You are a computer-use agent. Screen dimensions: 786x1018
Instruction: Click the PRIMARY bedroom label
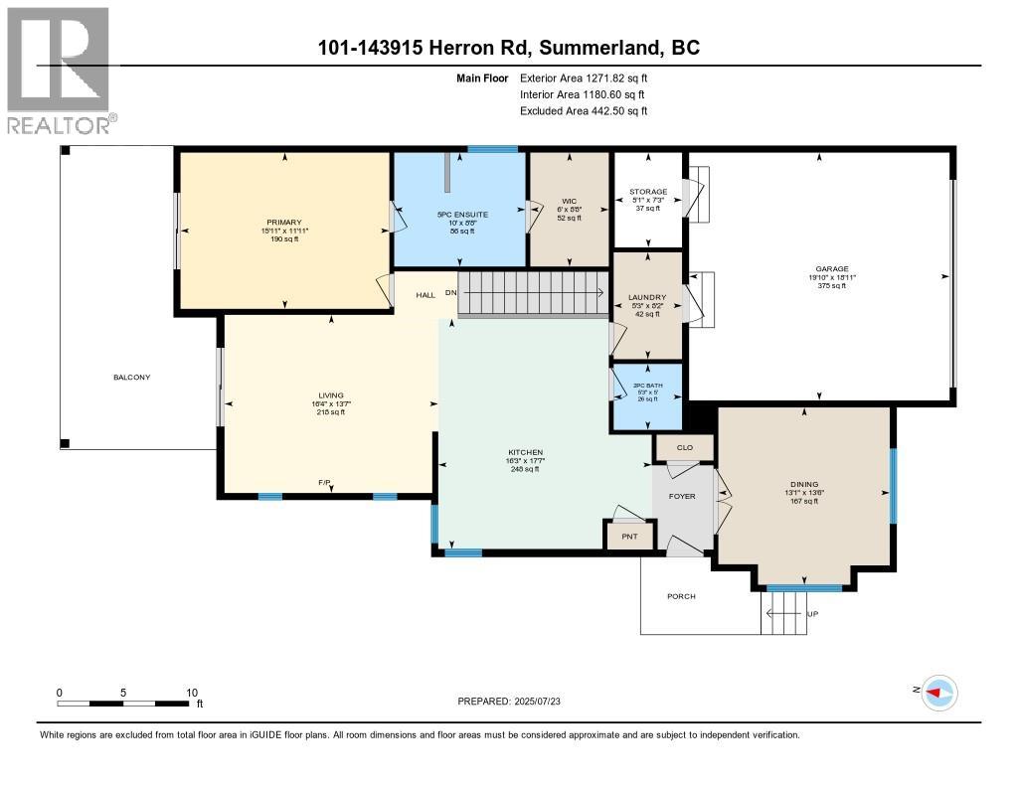(283, 222)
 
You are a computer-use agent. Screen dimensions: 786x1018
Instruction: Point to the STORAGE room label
(647, 192)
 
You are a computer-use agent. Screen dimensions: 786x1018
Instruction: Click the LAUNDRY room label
(647, 296)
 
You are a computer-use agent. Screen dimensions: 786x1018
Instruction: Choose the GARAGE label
(832, 268)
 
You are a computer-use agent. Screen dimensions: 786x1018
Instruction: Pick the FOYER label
(682, 496)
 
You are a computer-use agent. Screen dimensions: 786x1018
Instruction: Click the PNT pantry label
(628, 537)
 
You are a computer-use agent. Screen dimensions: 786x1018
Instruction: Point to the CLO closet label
(684, 448)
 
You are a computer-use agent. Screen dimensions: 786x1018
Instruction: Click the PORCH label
(682, 596)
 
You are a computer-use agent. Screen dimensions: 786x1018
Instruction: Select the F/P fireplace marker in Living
(324, 483)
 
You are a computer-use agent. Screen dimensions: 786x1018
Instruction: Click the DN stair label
(451, 293)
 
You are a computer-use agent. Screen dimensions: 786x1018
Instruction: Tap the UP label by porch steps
(812, 613)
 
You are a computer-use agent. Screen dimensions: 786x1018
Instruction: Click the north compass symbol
(938, 693)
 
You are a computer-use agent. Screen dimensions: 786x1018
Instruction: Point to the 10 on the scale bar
(192, 693)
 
